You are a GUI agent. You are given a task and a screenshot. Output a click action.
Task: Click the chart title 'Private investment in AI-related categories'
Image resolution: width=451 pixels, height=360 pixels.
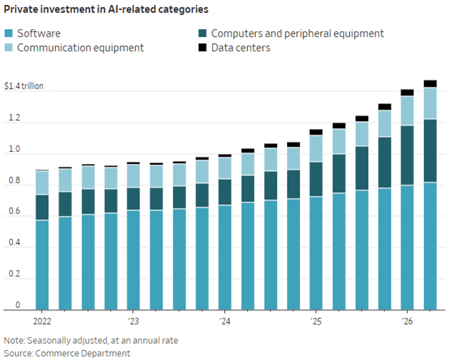point(106,9)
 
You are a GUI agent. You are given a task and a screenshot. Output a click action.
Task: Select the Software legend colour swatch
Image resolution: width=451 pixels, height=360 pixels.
point(9,33)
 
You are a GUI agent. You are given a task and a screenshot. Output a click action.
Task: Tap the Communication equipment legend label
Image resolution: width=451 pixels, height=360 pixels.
point(80,48)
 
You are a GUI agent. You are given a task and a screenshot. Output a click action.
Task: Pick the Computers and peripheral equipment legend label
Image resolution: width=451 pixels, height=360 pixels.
point(297,34)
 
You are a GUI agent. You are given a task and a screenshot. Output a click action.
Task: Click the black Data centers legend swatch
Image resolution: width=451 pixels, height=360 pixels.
point(203,47)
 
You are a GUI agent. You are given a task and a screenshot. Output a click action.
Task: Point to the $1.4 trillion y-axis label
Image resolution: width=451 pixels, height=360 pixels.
point(23,86)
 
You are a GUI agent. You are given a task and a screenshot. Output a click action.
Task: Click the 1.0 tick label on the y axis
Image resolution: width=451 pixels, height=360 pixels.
point(14,149)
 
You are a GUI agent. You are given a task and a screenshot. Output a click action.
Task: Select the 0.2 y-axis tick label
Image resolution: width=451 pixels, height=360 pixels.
point(14,273)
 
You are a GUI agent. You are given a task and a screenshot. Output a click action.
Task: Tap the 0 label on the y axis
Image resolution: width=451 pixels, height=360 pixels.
point(18,305)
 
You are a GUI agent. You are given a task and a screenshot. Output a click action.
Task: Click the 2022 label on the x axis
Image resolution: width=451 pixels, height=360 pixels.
point(42,321)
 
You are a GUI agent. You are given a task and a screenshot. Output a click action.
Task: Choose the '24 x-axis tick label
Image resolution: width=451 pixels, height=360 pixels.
point(224,321)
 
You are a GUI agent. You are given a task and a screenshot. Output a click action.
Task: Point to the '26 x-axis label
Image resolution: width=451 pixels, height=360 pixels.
point(407,321)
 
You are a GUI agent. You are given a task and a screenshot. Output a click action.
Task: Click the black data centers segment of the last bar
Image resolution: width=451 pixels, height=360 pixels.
point(430,83)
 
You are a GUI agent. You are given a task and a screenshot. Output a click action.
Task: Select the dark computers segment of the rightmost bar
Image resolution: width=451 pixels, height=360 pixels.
point(430,150)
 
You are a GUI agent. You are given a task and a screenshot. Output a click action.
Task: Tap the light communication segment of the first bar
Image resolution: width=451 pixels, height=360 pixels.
point(42,183)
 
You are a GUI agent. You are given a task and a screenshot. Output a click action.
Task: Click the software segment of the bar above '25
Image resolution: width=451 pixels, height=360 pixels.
point(316,253)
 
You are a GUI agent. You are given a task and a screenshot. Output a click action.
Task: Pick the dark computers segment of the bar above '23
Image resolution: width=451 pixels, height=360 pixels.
point(133,199)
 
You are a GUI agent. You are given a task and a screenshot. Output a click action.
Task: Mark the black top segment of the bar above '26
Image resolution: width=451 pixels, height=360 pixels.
point(407,93)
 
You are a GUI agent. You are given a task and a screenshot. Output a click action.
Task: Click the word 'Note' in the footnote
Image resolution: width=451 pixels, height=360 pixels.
point(14,340)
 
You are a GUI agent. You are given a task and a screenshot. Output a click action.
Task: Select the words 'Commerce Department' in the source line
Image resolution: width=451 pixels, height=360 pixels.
point(82,353)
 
